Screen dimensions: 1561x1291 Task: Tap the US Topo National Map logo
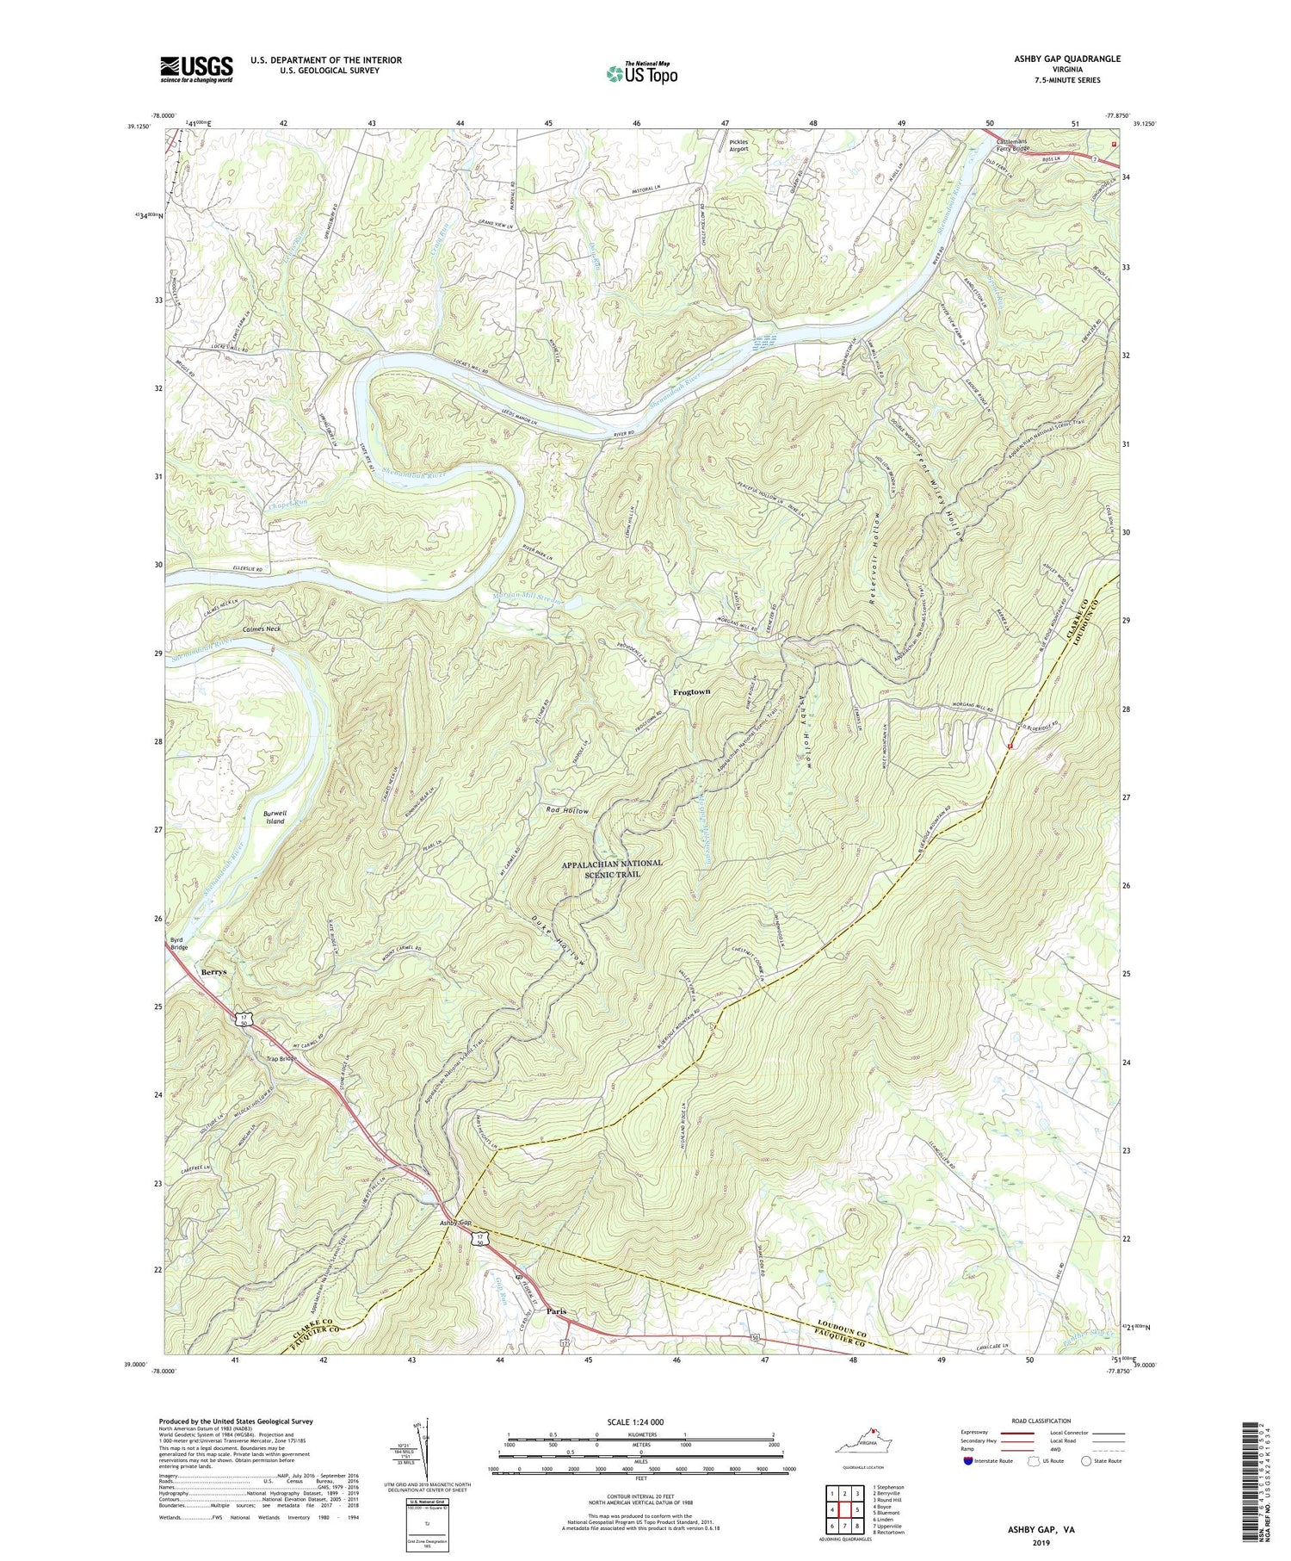tap(641, 73)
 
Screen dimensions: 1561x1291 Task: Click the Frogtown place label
tap(695, 691)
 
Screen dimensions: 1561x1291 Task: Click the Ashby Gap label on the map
tap(457, 1223)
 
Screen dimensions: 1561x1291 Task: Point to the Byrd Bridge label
tap(178, 944)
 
